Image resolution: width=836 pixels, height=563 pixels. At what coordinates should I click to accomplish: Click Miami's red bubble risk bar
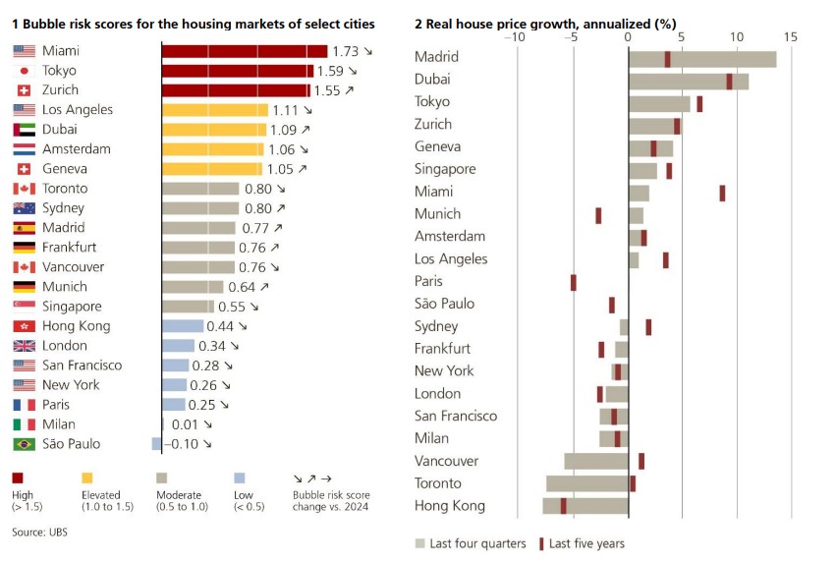coord(244,51)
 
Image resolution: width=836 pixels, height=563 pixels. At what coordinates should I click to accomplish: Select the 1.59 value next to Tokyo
coord(329,71)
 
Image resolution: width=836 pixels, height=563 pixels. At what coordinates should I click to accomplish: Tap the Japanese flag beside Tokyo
coord(25,71)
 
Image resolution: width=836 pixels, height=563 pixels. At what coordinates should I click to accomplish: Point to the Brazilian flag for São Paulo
coord(25,444)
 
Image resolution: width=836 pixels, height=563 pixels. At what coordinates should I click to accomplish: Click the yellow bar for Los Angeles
coord(214,110)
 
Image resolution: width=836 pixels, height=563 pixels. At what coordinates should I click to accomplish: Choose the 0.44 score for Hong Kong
coord(221,326)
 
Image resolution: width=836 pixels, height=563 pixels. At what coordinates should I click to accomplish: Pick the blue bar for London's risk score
coord(179,346)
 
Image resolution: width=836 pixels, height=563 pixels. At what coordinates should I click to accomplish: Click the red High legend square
coord(19,477)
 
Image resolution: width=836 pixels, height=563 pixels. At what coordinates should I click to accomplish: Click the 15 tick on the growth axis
coord(790,37)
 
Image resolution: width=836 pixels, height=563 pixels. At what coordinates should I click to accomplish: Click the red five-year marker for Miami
coord(722,193)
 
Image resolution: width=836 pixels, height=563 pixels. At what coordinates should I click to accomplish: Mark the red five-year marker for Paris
coord(574,283)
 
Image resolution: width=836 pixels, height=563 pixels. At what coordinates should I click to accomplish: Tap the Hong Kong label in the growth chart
coord(450,506)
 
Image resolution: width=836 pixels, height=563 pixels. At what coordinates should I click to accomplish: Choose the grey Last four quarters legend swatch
coord(419,543)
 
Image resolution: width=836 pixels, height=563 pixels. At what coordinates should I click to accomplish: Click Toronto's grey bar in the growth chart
coord(587,483)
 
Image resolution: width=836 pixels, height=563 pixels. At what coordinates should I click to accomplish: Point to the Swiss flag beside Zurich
coord(25,90)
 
